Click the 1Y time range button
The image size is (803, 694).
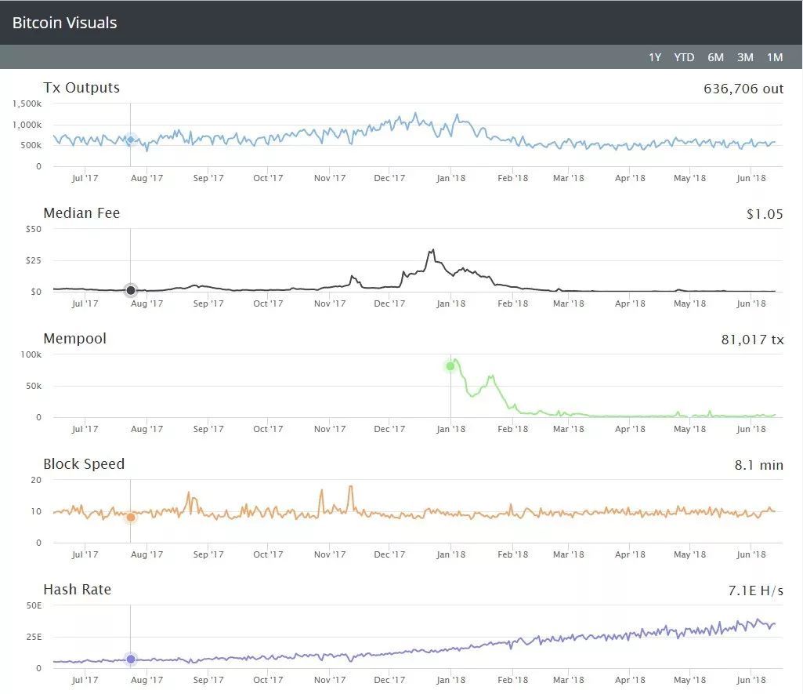coord(655,57)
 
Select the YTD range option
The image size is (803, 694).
coord(684,57)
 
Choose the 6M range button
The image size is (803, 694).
coord(715,57)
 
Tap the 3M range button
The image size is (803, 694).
coord(745,57)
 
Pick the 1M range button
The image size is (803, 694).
coord(775,57)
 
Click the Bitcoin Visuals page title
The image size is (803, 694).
coord(64,23)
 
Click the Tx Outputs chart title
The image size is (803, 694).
coord(81,88)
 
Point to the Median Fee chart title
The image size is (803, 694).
coord(81,213)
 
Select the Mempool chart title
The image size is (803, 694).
coord(74,339)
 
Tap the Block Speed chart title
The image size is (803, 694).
coord(84,464)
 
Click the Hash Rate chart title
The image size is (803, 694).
coord(77,590)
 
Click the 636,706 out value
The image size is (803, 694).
coord(743,89)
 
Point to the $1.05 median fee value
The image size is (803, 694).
coord(765,214)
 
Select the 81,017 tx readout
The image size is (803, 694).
coord(752,340)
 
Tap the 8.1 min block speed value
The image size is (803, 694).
coord(758,465)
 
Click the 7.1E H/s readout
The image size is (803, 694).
coord(755,590)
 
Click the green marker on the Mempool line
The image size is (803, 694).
coord(450,365)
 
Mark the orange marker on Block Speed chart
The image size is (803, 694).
coord(131,517)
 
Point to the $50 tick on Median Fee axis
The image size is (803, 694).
coord(34,229)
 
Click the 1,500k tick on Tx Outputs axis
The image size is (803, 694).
coord(27,104)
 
